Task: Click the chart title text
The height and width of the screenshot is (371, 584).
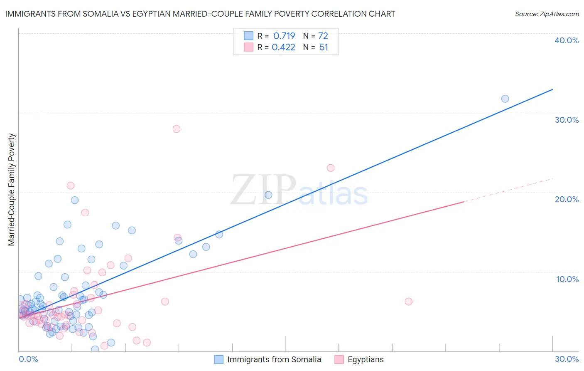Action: (200, 14)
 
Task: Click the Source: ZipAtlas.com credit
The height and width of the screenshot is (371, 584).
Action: (547, 14)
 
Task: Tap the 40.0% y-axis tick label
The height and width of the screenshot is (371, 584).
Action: (567, 40)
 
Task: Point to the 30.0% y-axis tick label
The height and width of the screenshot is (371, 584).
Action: (567, 120)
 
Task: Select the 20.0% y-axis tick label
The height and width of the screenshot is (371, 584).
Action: (567, 199)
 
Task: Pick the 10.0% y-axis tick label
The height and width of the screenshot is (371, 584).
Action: (567, 279)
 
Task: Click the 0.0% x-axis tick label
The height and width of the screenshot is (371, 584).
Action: (28, 359)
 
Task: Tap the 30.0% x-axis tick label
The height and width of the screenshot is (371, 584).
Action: (567, 359)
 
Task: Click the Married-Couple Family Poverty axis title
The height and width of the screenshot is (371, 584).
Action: (12, 190)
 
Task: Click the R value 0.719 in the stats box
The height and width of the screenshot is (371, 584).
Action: (284, 36)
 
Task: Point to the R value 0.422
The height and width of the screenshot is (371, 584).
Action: (283, 47)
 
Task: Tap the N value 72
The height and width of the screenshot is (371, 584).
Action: (323, 36)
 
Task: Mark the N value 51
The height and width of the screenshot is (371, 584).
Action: (324, 47)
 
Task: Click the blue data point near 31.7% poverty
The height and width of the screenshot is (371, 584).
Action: (505, 99)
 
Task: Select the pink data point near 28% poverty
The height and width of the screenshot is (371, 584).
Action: (177, 129)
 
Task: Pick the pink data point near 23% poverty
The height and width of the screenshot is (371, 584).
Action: (331, 168)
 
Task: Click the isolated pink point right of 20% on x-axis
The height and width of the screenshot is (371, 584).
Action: (408, 302)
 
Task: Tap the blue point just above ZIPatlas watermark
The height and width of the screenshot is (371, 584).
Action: (268, 195)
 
